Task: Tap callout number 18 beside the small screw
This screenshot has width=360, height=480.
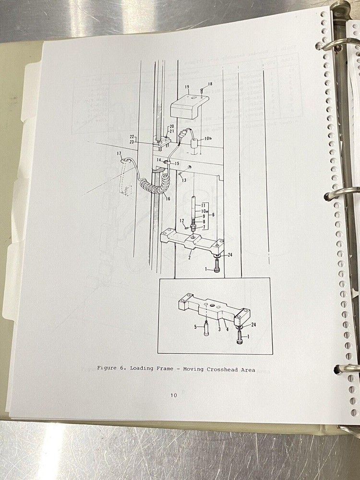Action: (x=210, y=84)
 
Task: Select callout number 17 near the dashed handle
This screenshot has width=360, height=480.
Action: (x=119, y=154)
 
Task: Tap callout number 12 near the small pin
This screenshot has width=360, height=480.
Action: (x=182, y=220)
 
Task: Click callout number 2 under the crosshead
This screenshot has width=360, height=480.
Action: (x=189, y=258)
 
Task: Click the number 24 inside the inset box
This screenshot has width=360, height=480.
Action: (x=253, y=325)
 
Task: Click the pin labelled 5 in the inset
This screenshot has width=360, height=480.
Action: (x=206, y=331)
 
